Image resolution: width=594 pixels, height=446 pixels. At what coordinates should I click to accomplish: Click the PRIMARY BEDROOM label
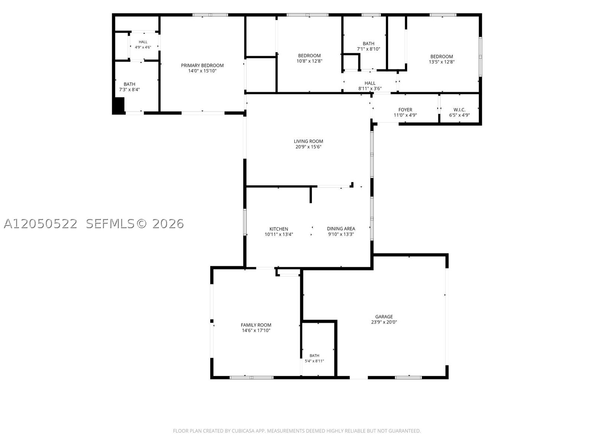[202, 65]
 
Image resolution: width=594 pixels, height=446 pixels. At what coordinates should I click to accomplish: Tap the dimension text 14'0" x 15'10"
[202, 71]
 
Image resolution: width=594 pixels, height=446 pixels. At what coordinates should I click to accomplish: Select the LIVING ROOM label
[308, 141]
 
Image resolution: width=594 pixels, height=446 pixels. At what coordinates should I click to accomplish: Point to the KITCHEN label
[279, 229]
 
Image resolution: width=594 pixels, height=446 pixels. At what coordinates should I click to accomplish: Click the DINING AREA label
[341, 229]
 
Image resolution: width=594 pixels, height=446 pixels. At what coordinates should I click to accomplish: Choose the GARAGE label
[384, 317]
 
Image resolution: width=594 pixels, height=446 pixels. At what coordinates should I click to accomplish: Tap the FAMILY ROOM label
[256, 325]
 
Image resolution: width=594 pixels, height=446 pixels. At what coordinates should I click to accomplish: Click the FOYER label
[405, 110]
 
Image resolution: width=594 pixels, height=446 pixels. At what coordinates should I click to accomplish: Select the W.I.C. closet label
[460, 110]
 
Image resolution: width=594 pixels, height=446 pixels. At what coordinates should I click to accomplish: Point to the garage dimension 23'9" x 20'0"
[384, 322]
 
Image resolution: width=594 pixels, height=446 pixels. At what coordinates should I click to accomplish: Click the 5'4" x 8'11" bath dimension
[314, 361]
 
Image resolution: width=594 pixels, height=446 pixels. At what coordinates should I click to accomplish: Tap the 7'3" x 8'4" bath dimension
[129, 90]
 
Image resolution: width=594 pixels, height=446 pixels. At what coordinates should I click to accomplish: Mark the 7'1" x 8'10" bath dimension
[368, 49]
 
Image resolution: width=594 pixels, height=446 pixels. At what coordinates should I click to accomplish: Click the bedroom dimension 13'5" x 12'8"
[442, 62]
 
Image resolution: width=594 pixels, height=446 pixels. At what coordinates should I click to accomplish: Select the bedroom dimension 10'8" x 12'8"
[309, 61]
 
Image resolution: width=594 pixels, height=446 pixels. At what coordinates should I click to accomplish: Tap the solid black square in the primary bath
[118, 105]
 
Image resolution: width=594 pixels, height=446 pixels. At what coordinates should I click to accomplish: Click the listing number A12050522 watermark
[40, 224]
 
